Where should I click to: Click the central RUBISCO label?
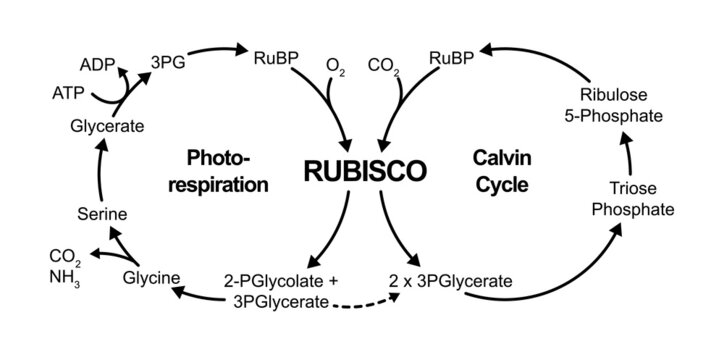click(x=361, y=171)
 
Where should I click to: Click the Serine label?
click(x=101, y=213)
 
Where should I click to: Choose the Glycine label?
click(x=151, y=277)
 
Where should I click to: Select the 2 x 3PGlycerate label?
click(x=448, y=282)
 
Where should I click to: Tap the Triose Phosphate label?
click(x=633, y=198)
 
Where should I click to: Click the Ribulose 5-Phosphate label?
click(x=627, y=107)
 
